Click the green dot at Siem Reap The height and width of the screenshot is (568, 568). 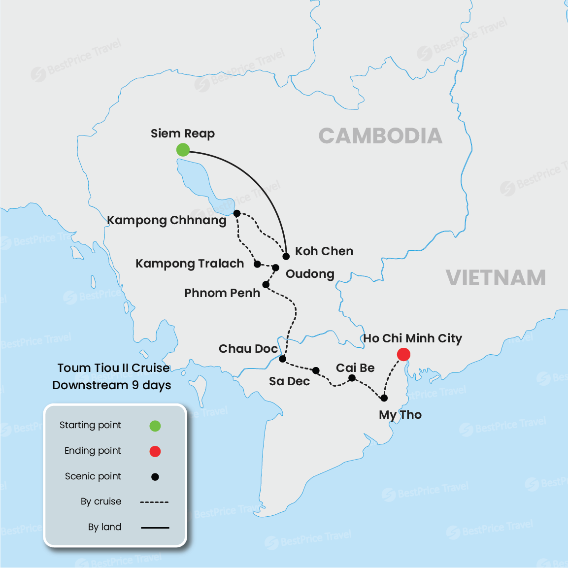tap(183, 150)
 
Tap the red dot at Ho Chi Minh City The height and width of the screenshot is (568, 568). tap(403, 354)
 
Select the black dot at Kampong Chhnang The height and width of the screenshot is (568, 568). tap(237, 213)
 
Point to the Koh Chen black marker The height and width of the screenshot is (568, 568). tap(286, 256)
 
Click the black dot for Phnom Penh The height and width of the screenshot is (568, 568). tap(266, 284)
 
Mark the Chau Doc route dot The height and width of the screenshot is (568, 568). tap(282, 359)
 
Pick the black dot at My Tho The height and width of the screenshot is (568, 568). tap(384, 398)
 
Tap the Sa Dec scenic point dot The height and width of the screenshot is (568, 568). tap(316, 370)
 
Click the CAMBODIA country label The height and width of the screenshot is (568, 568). tap(380, 136)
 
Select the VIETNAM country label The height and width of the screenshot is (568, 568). tap(496, 278)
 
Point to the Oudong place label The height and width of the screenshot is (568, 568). tap(310, 274)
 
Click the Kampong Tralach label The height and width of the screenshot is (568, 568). tap(190, 264)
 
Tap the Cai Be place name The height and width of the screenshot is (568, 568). tap(355, 368)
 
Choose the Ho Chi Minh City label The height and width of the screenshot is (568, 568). tap(412, 338)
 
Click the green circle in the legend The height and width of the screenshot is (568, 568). tap(155, 426)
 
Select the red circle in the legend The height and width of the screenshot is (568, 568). tap(155, 451)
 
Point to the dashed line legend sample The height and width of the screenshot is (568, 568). tap(154, 502)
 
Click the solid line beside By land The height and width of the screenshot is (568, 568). tap(155, 528)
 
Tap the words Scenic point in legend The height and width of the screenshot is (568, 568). tap(93, 476)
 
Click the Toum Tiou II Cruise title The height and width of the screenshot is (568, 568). tap(113, 368)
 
